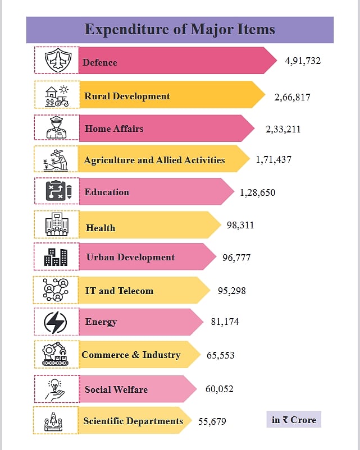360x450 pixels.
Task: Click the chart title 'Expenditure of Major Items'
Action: coord(180,29)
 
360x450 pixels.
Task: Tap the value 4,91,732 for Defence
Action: coord(303,61)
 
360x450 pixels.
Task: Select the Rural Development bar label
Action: coord(127,96)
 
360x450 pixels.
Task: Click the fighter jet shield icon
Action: coord(57,60)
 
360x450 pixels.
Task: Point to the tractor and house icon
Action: coord(57,95)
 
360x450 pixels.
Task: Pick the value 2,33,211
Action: coord(283,129)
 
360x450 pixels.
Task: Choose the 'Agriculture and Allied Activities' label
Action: coord(154,160)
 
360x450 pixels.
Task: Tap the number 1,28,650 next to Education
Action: coord(257,192)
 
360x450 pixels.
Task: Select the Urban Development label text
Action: coord(130,257)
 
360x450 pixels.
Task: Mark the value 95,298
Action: coord(231,291)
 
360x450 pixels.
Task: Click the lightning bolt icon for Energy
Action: coord(56,322)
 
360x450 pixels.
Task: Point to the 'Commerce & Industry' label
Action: coord(131,355)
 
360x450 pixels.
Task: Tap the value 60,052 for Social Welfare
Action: coord(219,389)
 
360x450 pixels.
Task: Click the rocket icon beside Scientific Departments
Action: coord(56,420)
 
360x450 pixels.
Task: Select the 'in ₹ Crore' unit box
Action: coord(294,420)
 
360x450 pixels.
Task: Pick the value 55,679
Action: coord(212,421)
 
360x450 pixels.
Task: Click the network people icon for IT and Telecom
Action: coord(56,290)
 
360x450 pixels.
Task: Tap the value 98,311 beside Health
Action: coord(240,225)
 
